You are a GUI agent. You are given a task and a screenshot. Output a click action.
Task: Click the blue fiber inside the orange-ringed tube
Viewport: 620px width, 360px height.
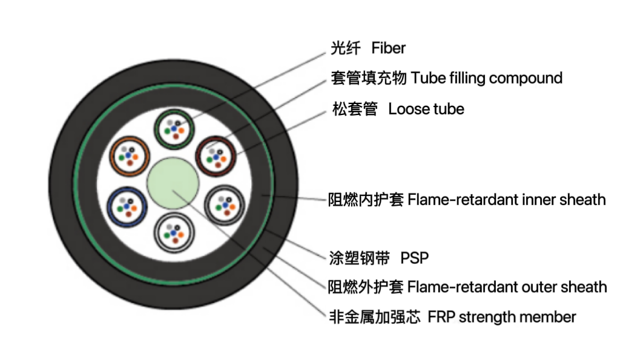click(129, 155)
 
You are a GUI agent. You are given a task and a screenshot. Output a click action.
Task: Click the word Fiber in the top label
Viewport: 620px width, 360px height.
click(388, 48)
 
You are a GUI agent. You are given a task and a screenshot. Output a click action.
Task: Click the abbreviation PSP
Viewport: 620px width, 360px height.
click(414, 258)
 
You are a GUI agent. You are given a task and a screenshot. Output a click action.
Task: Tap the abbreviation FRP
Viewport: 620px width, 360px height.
click(441, 317)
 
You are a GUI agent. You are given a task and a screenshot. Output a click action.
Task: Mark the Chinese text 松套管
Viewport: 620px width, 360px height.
click(355, 110)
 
